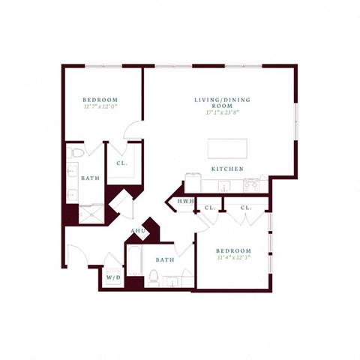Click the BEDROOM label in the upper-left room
tap(100, 100)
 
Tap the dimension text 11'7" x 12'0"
tap(100, 107)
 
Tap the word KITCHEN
tap(226, 169)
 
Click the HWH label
tap(184, 202)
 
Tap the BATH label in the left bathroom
tap(89, 178)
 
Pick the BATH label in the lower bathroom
tap(165, 260)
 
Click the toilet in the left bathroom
tap(75, 154)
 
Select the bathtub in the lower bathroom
tap(136, 260)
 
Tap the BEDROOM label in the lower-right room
tap(233, 250)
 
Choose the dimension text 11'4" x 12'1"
tap(233, 259)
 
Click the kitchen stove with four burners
tap(193, 182)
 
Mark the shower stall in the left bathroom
tap(91, 214)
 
